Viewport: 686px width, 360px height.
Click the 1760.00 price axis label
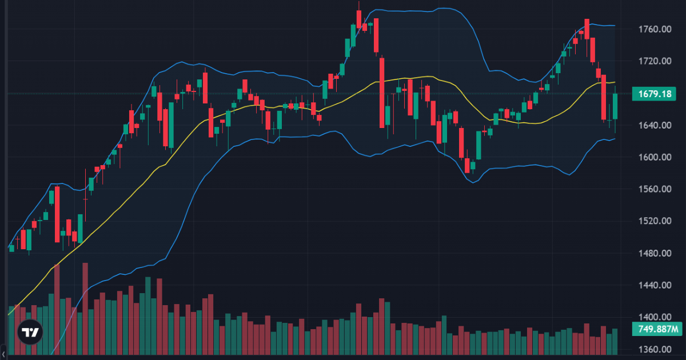click(x=655, y=29)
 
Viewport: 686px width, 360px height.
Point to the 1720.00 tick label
click(x=655, y=61)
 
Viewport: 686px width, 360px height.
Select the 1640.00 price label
click(x=655, y=125)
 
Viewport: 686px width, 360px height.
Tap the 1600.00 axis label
click(x=655, y=157)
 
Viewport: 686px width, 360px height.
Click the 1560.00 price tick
click(x=655, y=189)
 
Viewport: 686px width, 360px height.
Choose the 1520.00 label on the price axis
click(x=655, y=221)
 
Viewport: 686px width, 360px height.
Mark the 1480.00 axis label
click(x=655, y=253)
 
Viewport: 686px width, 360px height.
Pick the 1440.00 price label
click(x=655, y=285)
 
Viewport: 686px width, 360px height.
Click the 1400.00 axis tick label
click(x=655, y=317)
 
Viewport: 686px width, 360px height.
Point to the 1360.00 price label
click(x=655, y=349)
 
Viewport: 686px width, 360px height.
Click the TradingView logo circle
click(x=30, y=332)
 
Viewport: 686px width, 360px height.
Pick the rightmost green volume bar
click(x=615, y=341)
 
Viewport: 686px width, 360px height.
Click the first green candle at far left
click(x=11, y=248)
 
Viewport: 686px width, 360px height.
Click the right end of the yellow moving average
click(x=615, y=82)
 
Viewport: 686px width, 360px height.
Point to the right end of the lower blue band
click(x=615, y=138)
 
